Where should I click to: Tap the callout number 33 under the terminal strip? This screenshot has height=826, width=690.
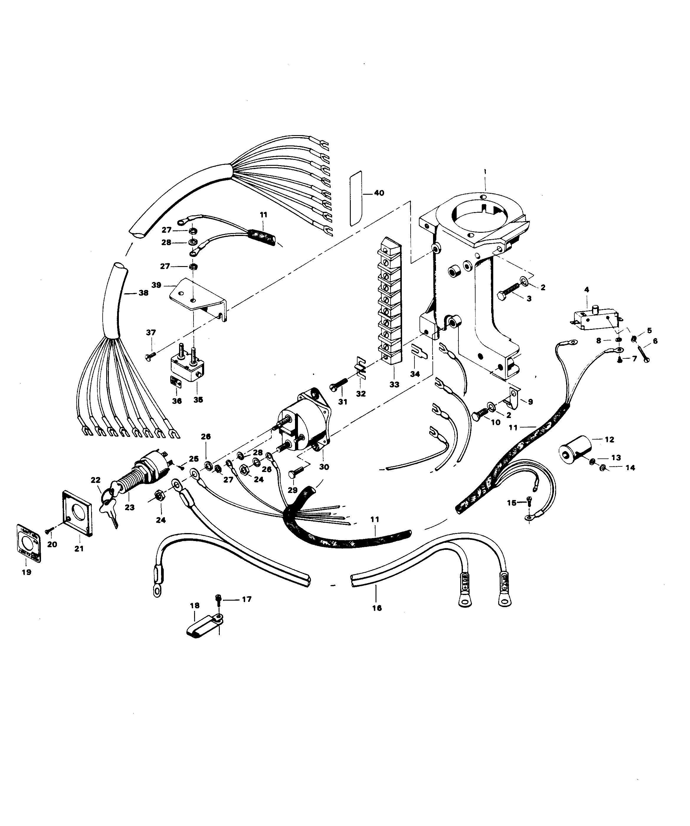tap(394, 384)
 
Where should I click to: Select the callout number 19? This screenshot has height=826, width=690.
tap(26, 572)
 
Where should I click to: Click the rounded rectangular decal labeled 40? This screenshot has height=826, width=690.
tap(356, 199)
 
